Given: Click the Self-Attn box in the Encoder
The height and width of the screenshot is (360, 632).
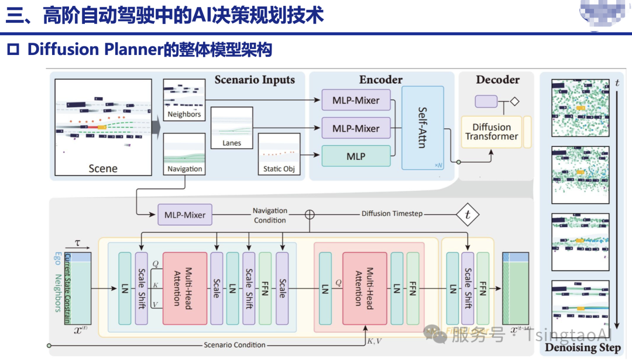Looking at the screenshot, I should pos(423,127).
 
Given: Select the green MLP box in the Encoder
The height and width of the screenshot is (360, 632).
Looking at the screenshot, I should pos(356,156).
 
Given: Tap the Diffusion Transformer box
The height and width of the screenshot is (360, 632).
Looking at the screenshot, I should pos(492,132).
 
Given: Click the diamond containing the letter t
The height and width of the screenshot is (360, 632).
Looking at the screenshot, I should pos(467,215).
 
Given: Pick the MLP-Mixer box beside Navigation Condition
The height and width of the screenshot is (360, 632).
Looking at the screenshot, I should pos(184,215).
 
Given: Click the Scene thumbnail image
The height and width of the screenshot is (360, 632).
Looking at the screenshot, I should pos(103,126).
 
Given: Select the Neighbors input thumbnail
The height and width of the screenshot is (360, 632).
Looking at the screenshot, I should pos(184,99).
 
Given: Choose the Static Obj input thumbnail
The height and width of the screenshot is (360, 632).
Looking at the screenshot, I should pos(278,153).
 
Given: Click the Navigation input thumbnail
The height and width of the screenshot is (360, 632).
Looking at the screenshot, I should pos(184,154).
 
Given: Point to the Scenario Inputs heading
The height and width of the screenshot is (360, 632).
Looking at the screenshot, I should pos(255,80).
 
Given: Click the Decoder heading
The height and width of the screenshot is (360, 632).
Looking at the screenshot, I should pos(497,80).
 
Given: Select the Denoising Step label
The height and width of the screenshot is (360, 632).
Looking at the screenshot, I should pos(583,348).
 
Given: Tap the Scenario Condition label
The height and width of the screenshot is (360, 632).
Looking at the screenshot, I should pos(234,345).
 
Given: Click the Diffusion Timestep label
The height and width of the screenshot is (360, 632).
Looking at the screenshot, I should pos(391,214).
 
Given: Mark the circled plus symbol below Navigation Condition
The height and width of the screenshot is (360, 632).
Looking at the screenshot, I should pos(310,214).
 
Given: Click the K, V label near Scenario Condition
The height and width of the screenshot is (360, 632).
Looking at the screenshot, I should pos(375,340).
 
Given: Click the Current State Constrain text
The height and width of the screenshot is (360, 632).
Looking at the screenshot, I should pos(67,288).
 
